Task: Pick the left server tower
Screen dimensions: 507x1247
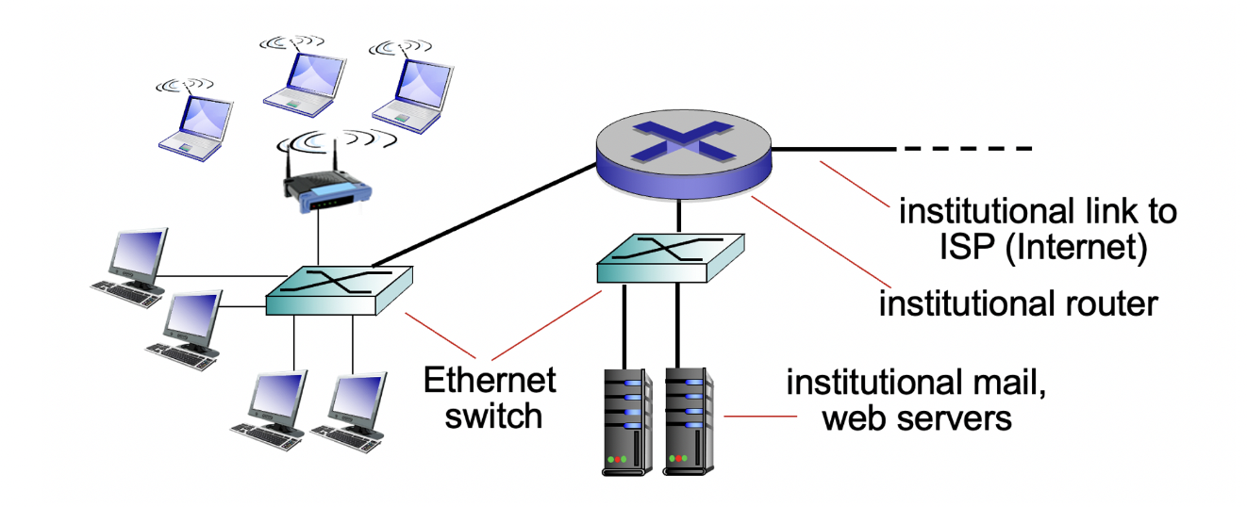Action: [x=625, y=420]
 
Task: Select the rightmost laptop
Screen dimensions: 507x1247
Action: [x=407, y=90]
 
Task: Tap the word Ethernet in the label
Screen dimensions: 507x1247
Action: [x=490, y=381]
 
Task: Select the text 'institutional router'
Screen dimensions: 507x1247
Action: [x=1017, y=304]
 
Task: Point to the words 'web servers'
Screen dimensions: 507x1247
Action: [x=917, y=417]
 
